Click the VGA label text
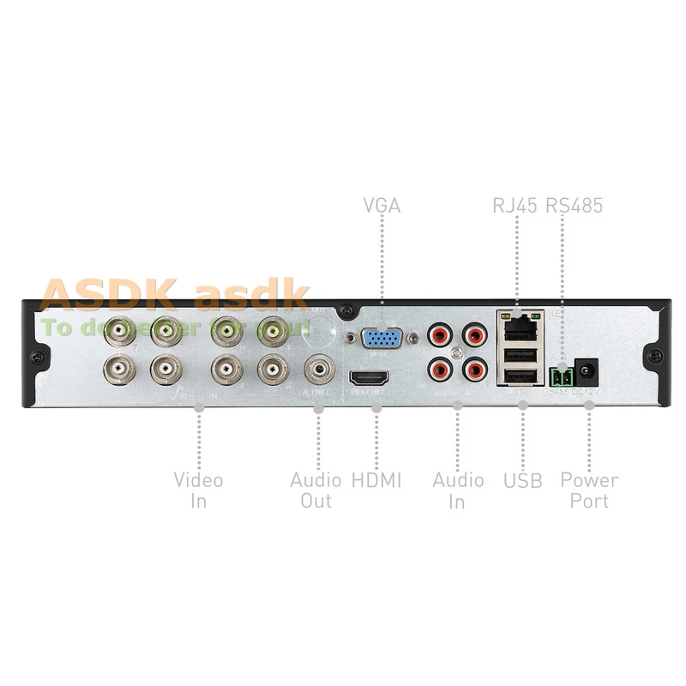pos(382,206)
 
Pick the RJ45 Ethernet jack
pos(517,326)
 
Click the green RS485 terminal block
pos(561,376)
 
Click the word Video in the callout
pos(198,479)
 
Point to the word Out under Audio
pos(316,501)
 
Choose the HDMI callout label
pos(376,479)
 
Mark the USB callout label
pos(522,480)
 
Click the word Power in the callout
pos(589,479)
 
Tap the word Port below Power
pos(589,501)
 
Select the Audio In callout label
pos(458,490)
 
